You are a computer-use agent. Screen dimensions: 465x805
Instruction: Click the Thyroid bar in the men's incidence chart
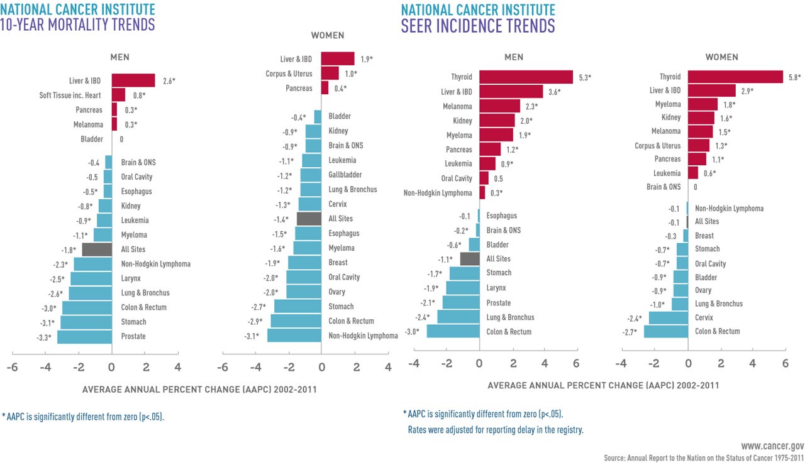tap(526, 77)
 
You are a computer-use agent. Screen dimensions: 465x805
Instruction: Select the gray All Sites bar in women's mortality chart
tap(309, 219)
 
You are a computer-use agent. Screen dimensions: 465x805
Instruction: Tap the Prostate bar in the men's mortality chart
tap(84, 336)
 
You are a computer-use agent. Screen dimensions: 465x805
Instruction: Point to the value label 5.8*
tap(795, 77)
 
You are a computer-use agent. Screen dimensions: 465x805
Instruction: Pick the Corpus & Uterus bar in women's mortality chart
tap(330, 74)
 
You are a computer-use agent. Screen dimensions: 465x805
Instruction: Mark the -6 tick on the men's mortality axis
tap(11, 367)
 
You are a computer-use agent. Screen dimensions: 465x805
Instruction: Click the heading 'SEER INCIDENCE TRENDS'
tap(478, 26)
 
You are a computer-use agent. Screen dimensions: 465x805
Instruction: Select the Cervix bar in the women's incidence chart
tap(668, 317)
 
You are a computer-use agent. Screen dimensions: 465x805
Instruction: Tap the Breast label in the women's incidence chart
tap(704, 236)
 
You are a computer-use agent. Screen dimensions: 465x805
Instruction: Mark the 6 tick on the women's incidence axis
tap(785, 363)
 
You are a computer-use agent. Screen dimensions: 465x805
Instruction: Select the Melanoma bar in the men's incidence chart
tap(500, 106)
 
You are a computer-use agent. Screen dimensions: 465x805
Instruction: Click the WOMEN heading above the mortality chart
tap(328, 36)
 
